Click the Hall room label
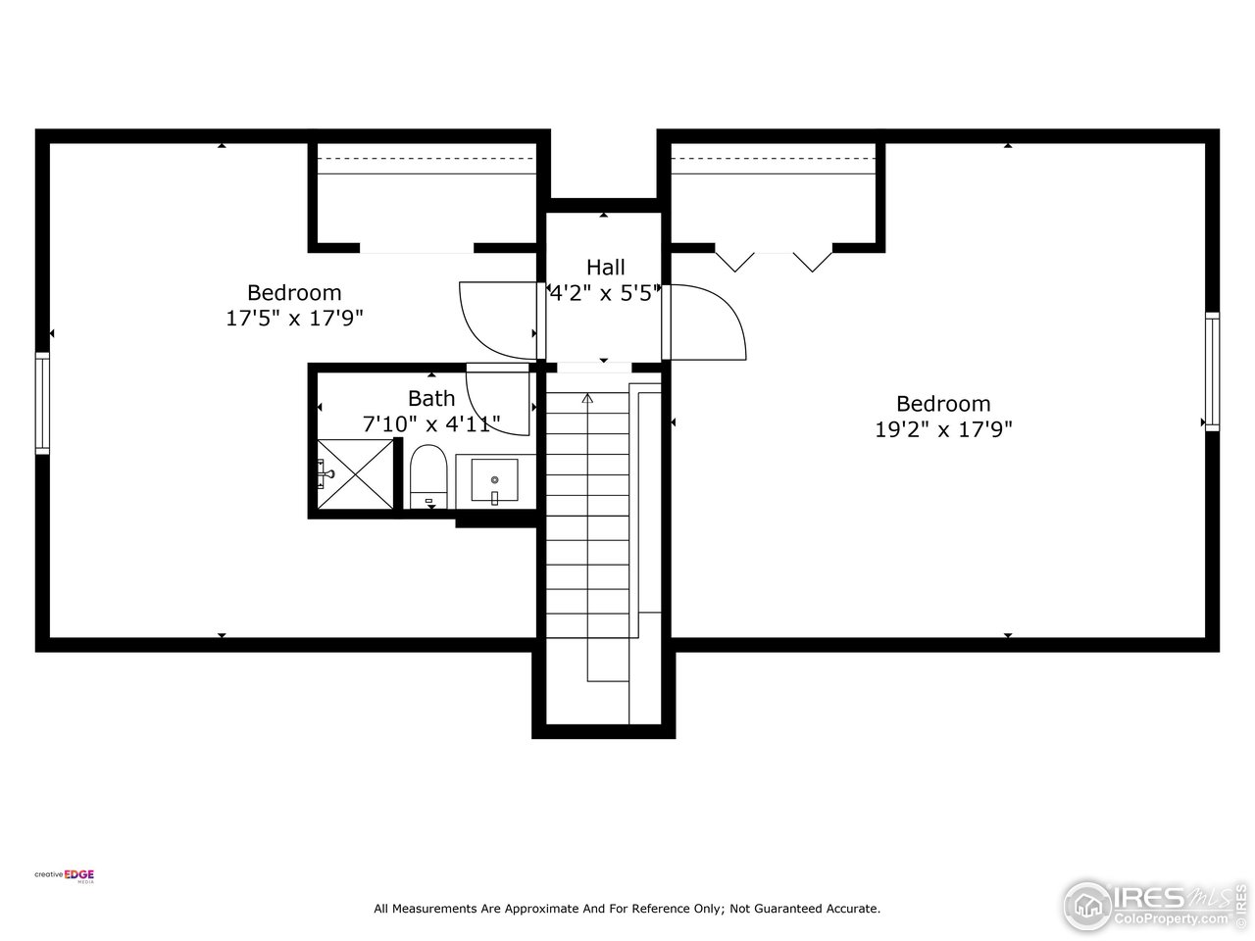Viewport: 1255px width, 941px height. pyautogui.click(x=605, y=267)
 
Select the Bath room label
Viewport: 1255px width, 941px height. pyautogui.click(x=431, y=398)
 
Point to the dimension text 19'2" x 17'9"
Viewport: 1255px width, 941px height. pyautogui.click(x=943, y=428)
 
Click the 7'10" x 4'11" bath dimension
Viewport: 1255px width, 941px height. pyautogui.click(x=431, y=423)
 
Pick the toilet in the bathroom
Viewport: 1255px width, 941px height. pyautogui.click(x=427, y=477)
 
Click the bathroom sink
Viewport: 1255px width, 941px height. pyautogui.click(x=495, y=480)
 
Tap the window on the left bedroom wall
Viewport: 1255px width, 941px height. pyautogui.click(x=42, y=403)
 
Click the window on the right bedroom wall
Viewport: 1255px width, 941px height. pyautogui.click(x=1212, y=371)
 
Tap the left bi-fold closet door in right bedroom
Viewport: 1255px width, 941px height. pyautogui.click(x=734, y=259)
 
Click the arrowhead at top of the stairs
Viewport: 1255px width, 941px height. pyautogui.click(x=587, y=398)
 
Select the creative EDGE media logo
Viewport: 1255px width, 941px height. pyautogui.click(x=65, y=876)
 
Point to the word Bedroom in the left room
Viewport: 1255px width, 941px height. pyautogui.click(x=294, y=292)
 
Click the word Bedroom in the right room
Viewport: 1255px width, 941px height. pyautogui.click(x=943, y=403)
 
